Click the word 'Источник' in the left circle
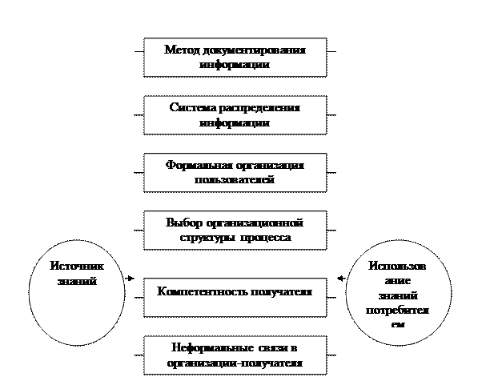click(x=77, y=267)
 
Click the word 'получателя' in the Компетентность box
click(x=276, y=291)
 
